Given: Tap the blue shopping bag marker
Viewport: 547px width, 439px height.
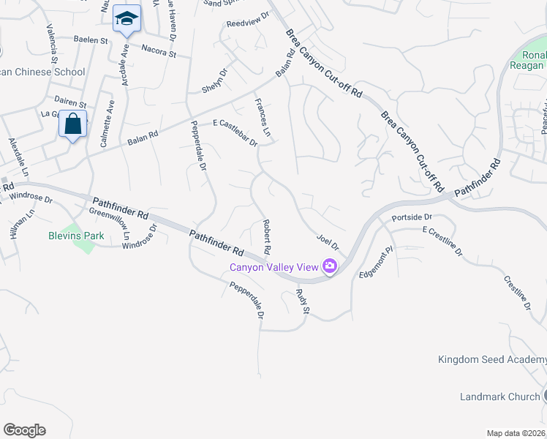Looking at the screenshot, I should click(73, 124).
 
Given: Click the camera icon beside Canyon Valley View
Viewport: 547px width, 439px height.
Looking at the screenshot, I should click(330, 266).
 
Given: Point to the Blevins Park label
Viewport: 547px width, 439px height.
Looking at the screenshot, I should click(76, 236).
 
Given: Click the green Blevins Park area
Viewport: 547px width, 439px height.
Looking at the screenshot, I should click(86, 245).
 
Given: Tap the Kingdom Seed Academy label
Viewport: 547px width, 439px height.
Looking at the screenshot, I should click(491, 359).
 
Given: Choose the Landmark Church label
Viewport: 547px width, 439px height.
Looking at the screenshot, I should click(499, 397).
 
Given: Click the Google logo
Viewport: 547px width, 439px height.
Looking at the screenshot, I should click(24, 430).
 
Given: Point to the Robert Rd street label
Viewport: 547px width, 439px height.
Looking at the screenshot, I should click(268, 237).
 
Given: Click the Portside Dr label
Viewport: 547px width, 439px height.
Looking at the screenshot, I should click(412, 217).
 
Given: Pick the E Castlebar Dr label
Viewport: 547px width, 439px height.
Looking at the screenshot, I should click(235, 133).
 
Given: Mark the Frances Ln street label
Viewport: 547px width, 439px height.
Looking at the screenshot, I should click(262, 118).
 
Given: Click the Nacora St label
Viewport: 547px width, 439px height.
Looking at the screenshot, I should click(159, 53).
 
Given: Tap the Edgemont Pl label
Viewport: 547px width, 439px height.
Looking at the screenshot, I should click(376, 263).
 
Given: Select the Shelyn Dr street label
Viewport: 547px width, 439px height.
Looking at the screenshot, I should click(215, 80).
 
